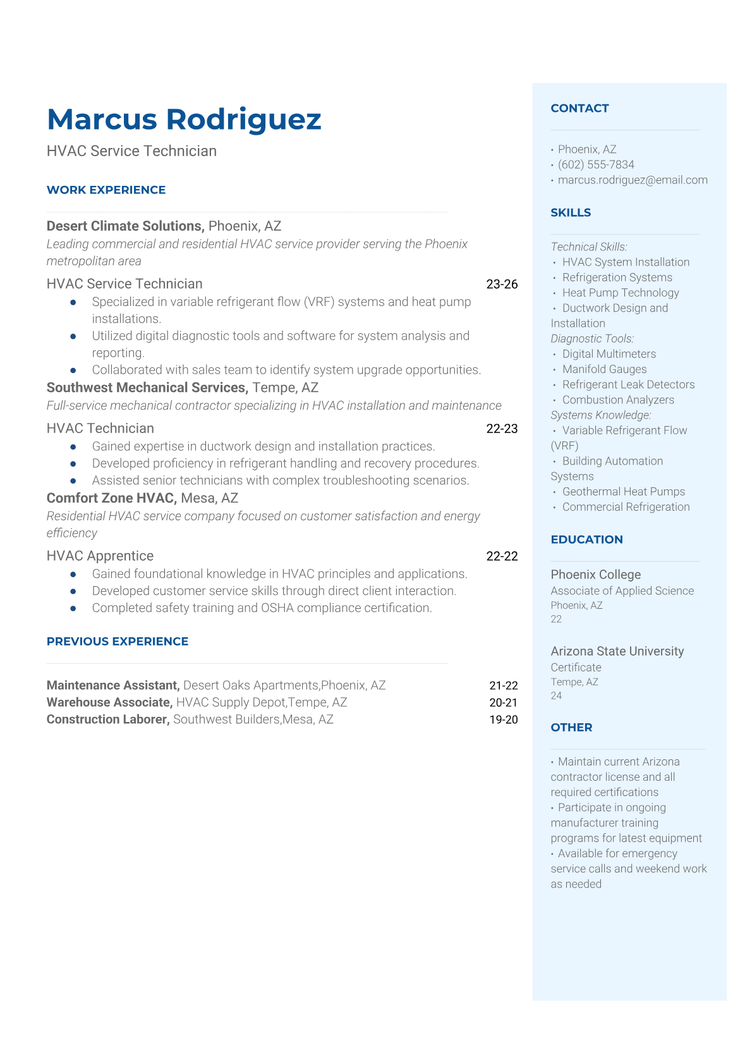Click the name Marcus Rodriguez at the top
184,119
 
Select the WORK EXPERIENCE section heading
106,190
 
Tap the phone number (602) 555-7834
596,164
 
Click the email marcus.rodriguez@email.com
633,180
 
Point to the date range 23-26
502,284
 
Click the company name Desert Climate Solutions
124,226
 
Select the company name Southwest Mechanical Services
147,388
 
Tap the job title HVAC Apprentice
100,556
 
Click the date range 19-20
503,719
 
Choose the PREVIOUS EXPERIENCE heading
118,641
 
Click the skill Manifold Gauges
604,369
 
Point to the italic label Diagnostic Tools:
592,339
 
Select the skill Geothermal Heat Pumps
623,491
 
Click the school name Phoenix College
595,575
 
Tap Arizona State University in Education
617,651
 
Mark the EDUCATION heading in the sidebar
586,539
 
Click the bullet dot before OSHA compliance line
73,608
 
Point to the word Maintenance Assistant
113,685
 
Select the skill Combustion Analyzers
618,400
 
